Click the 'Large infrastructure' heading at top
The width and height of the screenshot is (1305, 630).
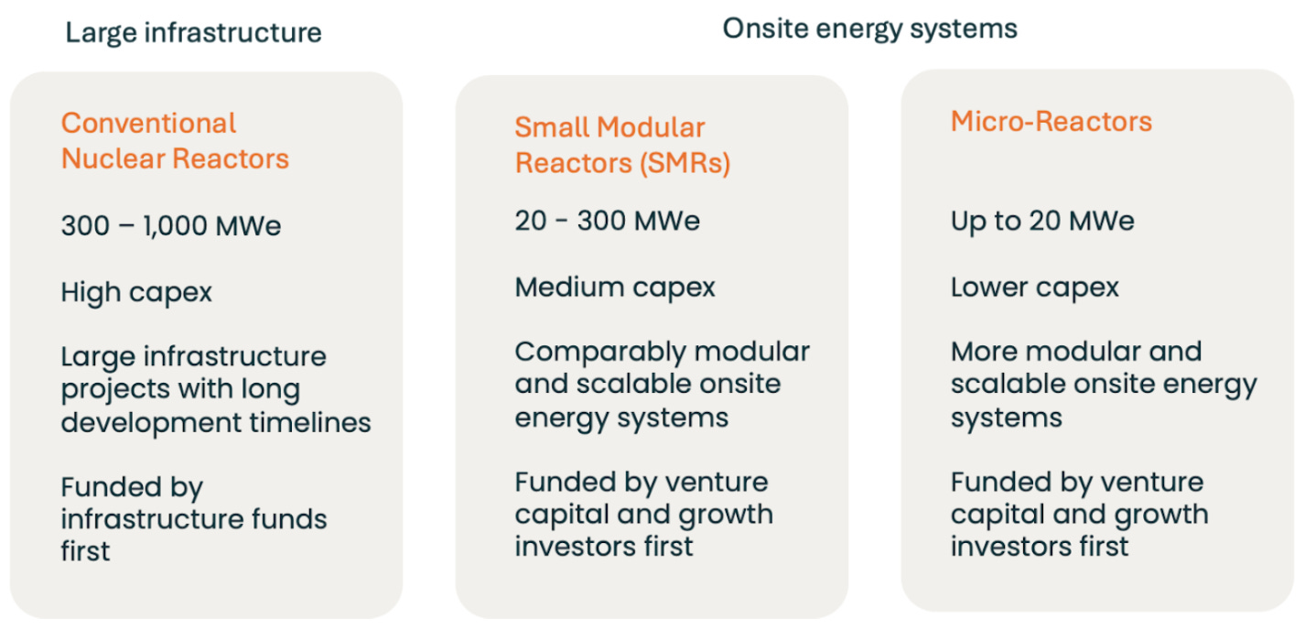tap(193, 33)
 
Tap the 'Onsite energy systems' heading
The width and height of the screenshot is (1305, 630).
tap(869, 29)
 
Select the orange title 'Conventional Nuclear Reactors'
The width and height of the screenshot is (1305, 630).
tap(175, 141)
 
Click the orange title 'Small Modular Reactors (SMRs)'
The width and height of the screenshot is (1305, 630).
tap(622, 145)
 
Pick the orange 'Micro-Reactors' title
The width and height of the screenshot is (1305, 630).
tap(1052, 121)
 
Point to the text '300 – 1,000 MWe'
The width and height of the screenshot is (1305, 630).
tap(171, 225)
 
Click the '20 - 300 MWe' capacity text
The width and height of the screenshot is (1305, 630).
tap(607, 221)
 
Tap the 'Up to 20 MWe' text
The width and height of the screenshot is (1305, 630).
tap(1043, 222)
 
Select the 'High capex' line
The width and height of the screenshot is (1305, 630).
tap(136, 292)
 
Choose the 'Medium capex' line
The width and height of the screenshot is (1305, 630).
tap(615, 288)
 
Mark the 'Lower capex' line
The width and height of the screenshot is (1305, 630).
tap(1035, 288)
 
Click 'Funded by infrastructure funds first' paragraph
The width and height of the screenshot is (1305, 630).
tap(194, 518)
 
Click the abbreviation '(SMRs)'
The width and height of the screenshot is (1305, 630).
tap(685, 163)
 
